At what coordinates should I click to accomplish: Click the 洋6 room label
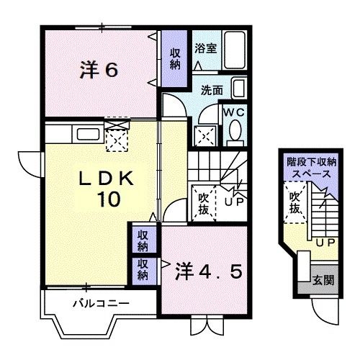99,70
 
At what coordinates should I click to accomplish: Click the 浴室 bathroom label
206,48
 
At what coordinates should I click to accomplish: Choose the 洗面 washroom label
210,91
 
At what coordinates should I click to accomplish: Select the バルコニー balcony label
101,303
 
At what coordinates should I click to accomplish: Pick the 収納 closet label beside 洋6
175,58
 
